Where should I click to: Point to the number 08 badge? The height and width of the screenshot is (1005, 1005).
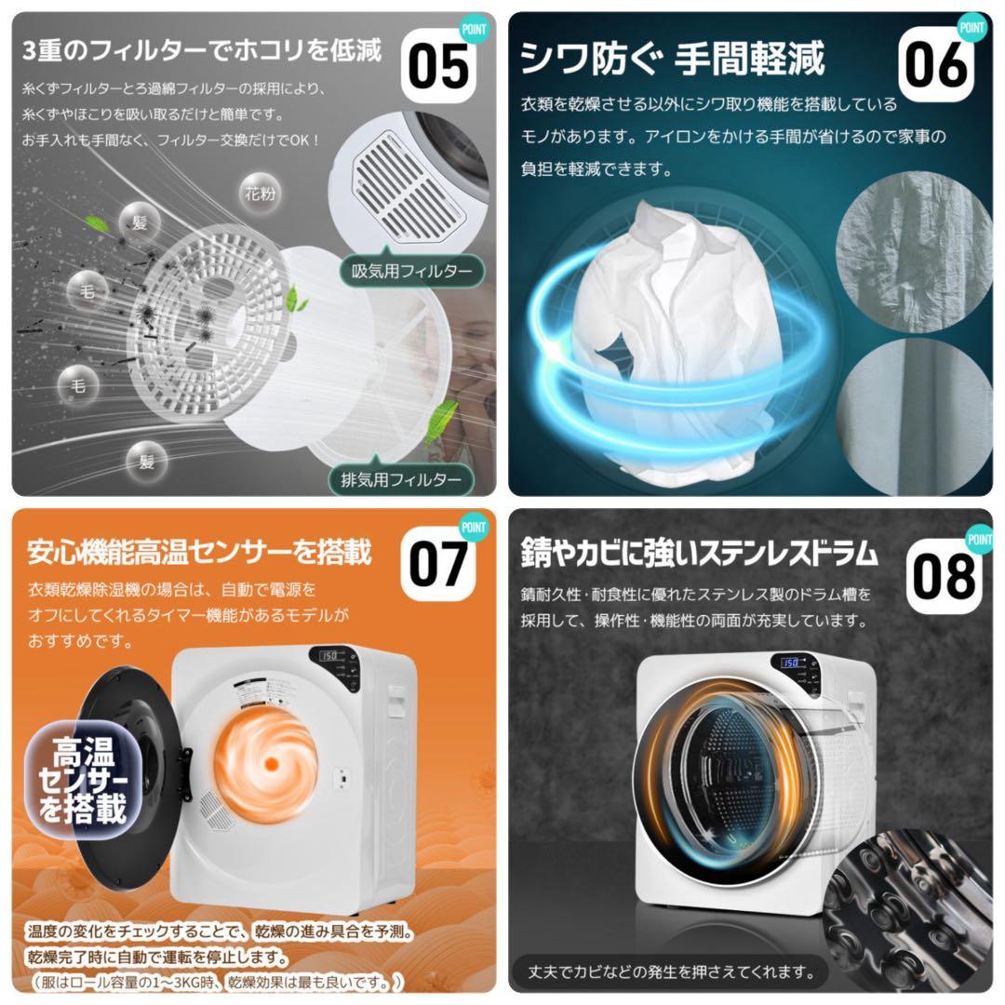point(942,575)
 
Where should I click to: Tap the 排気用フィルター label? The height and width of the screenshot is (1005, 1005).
point(401,480)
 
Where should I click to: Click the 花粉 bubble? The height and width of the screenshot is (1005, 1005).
point(261,194)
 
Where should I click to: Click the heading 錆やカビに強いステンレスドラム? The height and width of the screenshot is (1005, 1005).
point(699,555)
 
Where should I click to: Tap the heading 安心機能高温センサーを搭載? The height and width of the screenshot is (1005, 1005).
point(199,553)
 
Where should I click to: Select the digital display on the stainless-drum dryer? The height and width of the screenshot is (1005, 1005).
point(790,663)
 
